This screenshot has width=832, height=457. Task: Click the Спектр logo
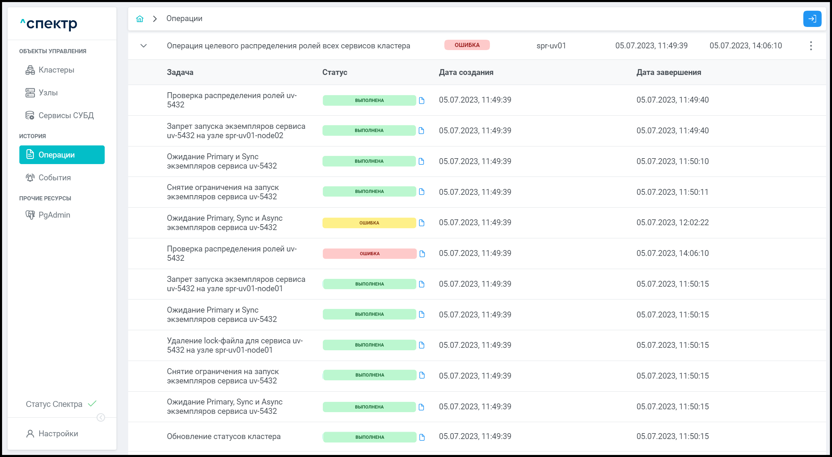click(x=49, y=24)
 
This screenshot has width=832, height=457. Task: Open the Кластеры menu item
click(x=56, y=70)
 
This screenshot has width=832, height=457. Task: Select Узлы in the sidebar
click(x=48, y=93)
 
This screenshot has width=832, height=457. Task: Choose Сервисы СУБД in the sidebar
click(x=66, y=115)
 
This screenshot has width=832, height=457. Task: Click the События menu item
click(x=55, y=178)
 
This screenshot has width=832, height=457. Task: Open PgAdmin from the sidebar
click(x=54, y=215)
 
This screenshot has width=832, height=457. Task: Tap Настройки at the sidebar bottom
click(x=58, y=434)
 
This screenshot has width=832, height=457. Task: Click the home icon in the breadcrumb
click(x=140, y=19)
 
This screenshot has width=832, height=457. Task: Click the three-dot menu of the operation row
click(x=811, y=46)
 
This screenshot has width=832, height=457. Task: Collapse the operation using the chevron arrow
click(x=144, y=46)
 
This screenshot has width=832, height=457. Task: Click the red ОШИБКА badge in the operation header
click(x=467, y=45)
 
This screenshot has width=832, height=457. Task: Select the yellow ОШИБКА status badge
click(x=369, y=223)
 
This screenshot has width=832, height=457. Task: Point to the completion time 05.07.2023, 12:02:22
click(x=672, y=223)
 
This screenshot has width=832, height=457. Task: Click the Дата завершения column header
click(x=669, y=73)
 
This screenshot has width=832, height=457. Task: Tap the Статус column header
click(x=334, y=73)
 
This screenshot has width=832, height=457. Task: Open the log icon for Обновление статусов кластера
click(x=422, y=437)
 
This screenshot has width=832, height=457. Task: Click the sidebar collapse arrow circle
click(x=101, y=418)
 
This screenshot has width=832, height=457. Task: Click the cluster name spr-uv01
click(x=551, y=46)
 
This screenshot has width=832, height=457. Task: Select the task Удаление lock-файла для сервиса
click(x=235, y=345)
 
